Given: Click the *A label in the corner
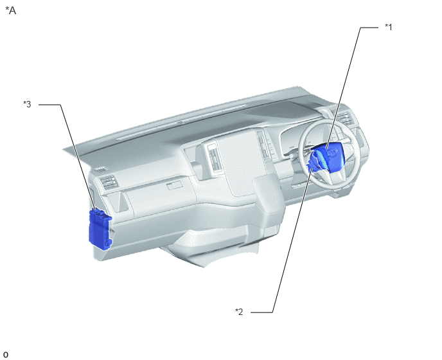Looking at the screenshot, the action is point(10,11).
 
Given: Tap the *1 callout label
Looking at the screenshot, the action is point(389,27).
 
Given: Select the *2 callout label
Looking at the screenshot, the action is point(239,312).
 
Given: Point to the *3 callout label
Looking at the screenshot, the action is point(27,104).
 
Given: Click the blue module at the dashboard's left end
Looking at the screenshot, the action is point(100,229).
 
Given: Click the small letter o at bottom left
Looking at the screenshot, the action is point(5,355).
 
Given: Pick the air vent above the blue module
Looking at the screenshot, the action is point(109,183).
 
